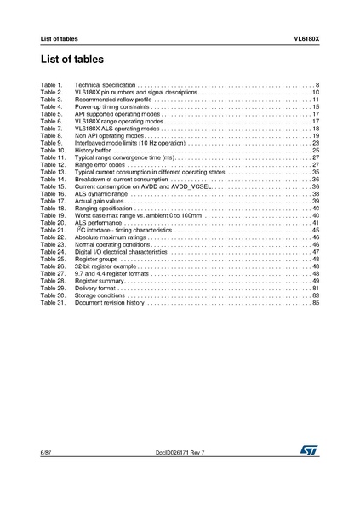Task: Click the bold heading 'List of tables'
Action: (71, 60)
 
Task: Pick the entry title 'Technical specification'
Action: (105, 87)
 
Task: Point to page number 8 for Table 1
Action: (317, 87)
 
